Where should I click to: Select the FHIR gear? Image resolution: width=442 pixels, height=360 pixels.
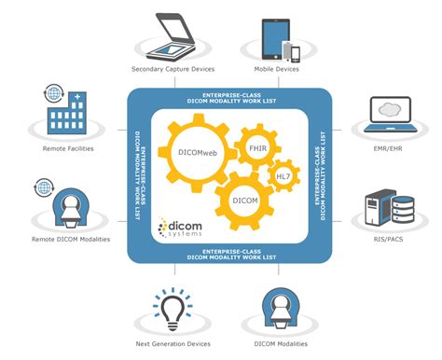[257, 147]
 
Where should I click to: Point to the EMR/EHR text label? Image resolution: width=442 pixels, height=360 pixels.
[386, 147]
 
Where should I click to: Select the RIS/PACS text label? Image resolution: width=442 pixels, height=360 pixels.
[386, 239]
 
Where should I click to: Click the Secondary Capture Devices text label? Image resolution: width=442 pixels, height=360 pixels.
[173, 69]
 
